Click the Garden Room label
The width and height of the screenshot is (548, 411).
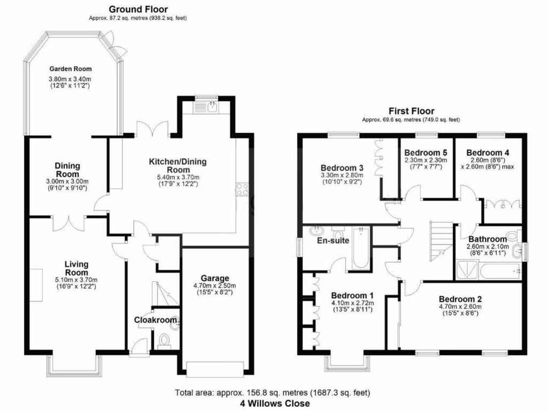point(71,68)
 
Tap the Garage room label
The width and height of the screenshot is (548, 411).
point(215,278)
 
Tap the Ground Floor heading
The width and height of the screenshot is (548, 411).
point(138,9)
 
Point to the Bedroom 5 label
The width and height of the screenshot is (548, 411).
point(425,152)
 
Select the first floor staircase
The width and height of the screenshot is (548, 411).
point(440,239)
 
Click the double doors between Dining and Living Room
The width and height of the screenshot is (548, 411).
point(68,222)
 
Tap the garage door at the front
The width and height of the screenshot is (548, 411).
point(215,369)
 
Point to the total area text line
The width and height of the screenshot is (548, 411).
point(273,393)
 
